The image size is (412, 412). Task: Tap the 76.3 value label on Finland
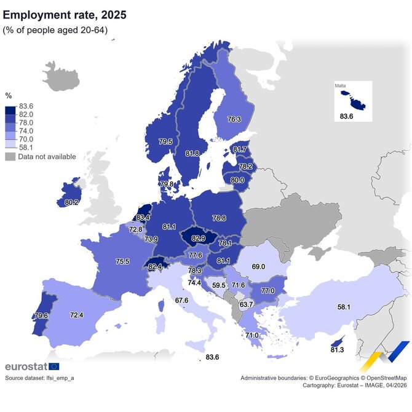(234, 119)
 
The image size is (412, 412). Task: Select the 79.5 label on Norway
(165, 141)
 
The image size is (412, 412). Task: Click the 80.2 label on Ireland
(71, 202)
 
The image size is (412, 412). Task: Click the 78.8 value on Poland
(218, 218)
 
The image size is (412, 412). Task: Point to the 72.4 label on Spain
(76, 315)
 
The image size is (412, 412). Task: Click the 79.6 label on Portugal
(41, 316)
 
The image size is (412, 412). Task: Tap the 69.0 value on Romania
(258, 267)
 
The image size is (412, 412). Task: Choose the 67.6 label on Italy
(181, 300)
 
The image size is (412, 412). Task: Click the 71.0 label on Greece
(252, 335)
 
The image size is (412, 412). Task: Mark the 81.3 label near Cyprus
(336, 350)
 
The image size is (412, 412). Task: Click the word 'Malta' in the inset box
(341, 86)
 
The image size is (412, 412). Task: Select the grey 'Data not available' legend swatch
(10, 157)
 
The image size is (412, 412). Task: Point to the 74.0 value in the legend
(26, 132)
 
